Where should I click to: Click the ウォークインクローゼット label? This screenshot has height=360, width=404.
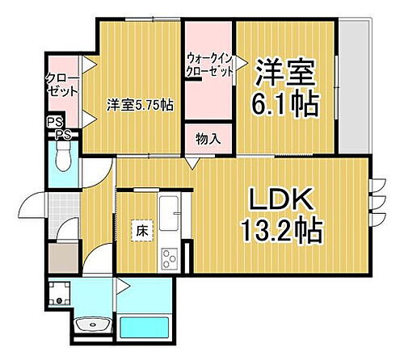click(209, 65)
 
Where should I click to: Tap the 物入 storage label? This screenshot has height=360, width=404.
click(208, 139)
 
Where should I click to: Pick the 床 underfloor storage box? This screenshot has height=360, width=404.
click(141, 230)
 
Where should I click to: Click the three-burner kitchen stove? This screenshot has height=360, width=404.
click(170, 258)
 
